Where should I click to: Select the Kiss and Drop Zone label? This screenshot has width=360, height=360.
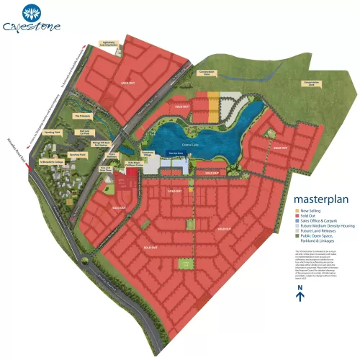[x=106, y=168]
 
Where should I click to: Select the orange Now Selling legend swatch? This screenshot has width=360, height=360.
[x=297, y=211]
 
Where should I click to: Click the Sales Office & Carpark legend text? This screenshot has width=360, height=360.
[x=323, y=222]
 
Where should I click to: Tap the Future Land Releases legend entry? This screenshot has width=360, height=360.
[x=321, y=232]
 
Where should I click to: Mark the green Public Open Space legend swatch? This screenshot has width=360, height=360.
[x=297, y=237]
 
